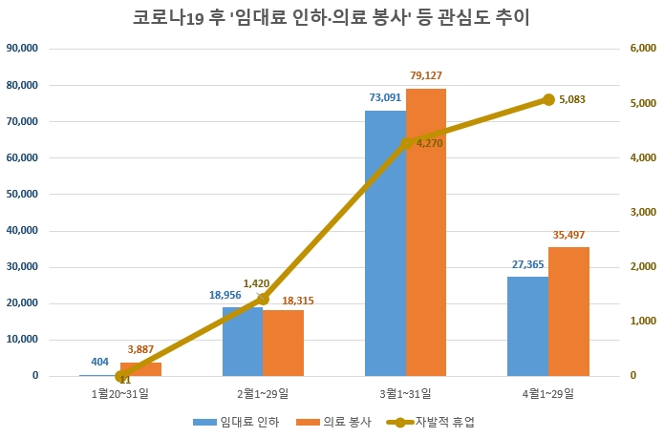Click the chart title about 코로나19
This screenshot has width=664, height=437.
pyautogui.click(x=332, y=17)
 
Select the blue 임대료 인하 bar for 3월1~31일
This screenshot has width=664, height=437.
pyautogui.click(x=385, y=243)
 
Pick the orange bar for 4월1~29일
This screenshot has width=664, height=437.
pyautogui.click(x=569, y=311)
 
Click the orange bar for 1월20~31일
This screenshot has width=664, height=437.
pyautogui.click(x=141, y=369)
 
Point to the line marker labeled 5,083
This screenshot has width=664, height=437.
pyautogui.click(x=548, y=99)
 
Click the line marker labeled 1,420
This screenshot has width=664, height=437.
pyautogui.click(x=264, y=299)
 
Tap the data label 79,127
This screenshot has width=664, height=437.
pyautogui.click(x=426, y=75)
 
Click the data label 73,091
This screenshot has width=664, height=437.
pyautogui.click(x=385, y=97)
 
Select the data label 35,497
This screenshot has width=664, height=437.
pyautogui.click(x=569, y=234)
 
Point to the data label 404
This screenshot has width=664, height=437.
pyautogui.click(x=100, y=362)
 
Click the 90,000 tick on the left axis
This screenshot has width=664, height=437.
pyautogui.click(x=22, y=49)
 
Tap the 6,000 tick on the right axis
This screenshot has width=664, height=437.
pyautogui.click(x=640, y=49)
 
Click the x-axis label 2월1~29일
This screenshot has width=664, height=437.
pyautogui.click(x=263, y=393)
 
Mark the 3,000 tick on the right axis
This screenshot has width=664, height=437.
pyautogui.click(x=640, y=212)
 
